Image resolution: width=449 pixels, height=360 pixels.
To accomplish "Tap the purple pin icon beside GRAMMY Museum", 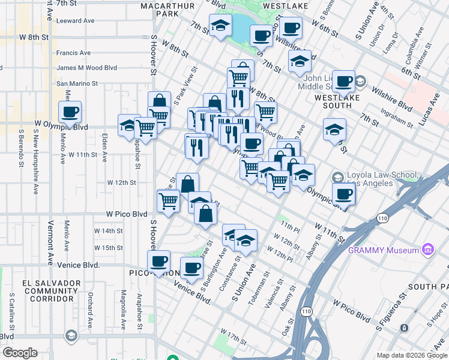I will tap(427, 249).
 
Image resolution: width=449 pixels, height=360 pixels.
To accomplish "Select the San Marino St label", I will tap(77, 83).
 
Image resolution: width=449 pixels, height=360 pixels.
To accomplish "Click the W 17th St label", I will tap(234, 332).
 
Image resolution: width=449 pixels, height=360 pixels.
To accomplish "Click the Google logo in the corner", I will tap(20, 353).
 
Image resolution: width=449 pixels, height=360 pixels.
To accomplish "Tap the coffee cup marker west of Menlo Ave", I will tap(70, 112).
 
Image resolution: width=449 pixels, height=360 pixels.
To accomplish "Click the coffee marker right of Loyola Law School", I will tap(343, 194).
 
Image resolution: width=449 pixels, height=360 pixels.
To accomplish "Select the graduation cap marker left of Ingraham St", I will tap(334, 130).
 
